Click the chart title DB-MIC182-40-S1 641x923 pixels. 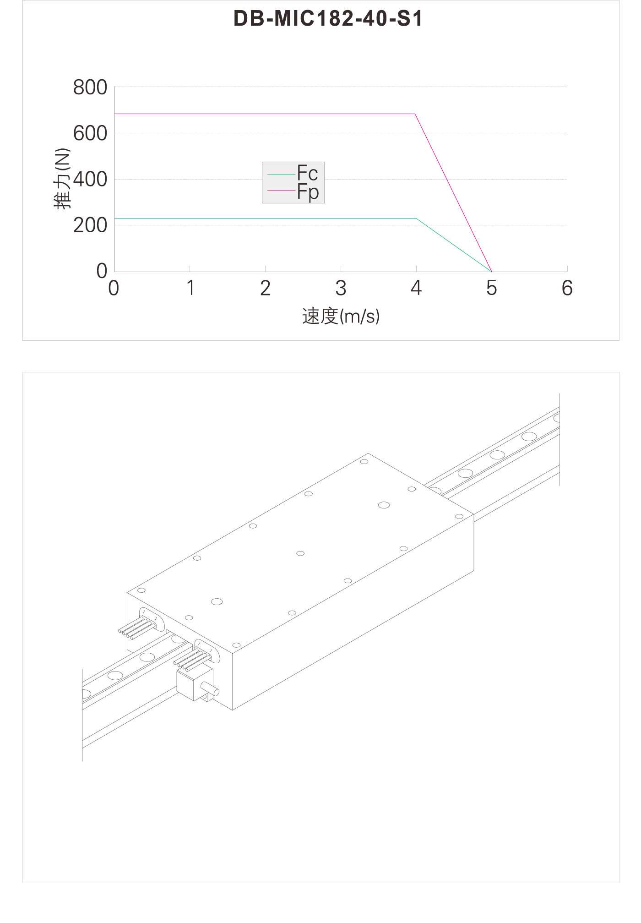click(328, 19)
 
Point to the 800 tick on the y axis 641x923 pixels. click(90, 87)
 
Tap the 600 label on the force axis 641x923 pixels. click(90, 134)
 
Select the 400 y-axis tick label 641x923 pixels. click(90, 180)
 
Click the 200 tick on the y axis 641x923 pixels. click(90, 225)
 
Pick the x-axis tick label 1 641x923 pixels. click(190, 288)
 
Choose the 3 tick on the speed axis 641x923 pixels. click(341, 288)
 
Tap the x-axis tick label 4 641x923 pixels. click(416, 288)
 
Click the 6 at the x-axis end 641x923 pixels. click(567, 288)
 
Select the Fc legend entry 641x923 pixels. click(293, 174)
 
